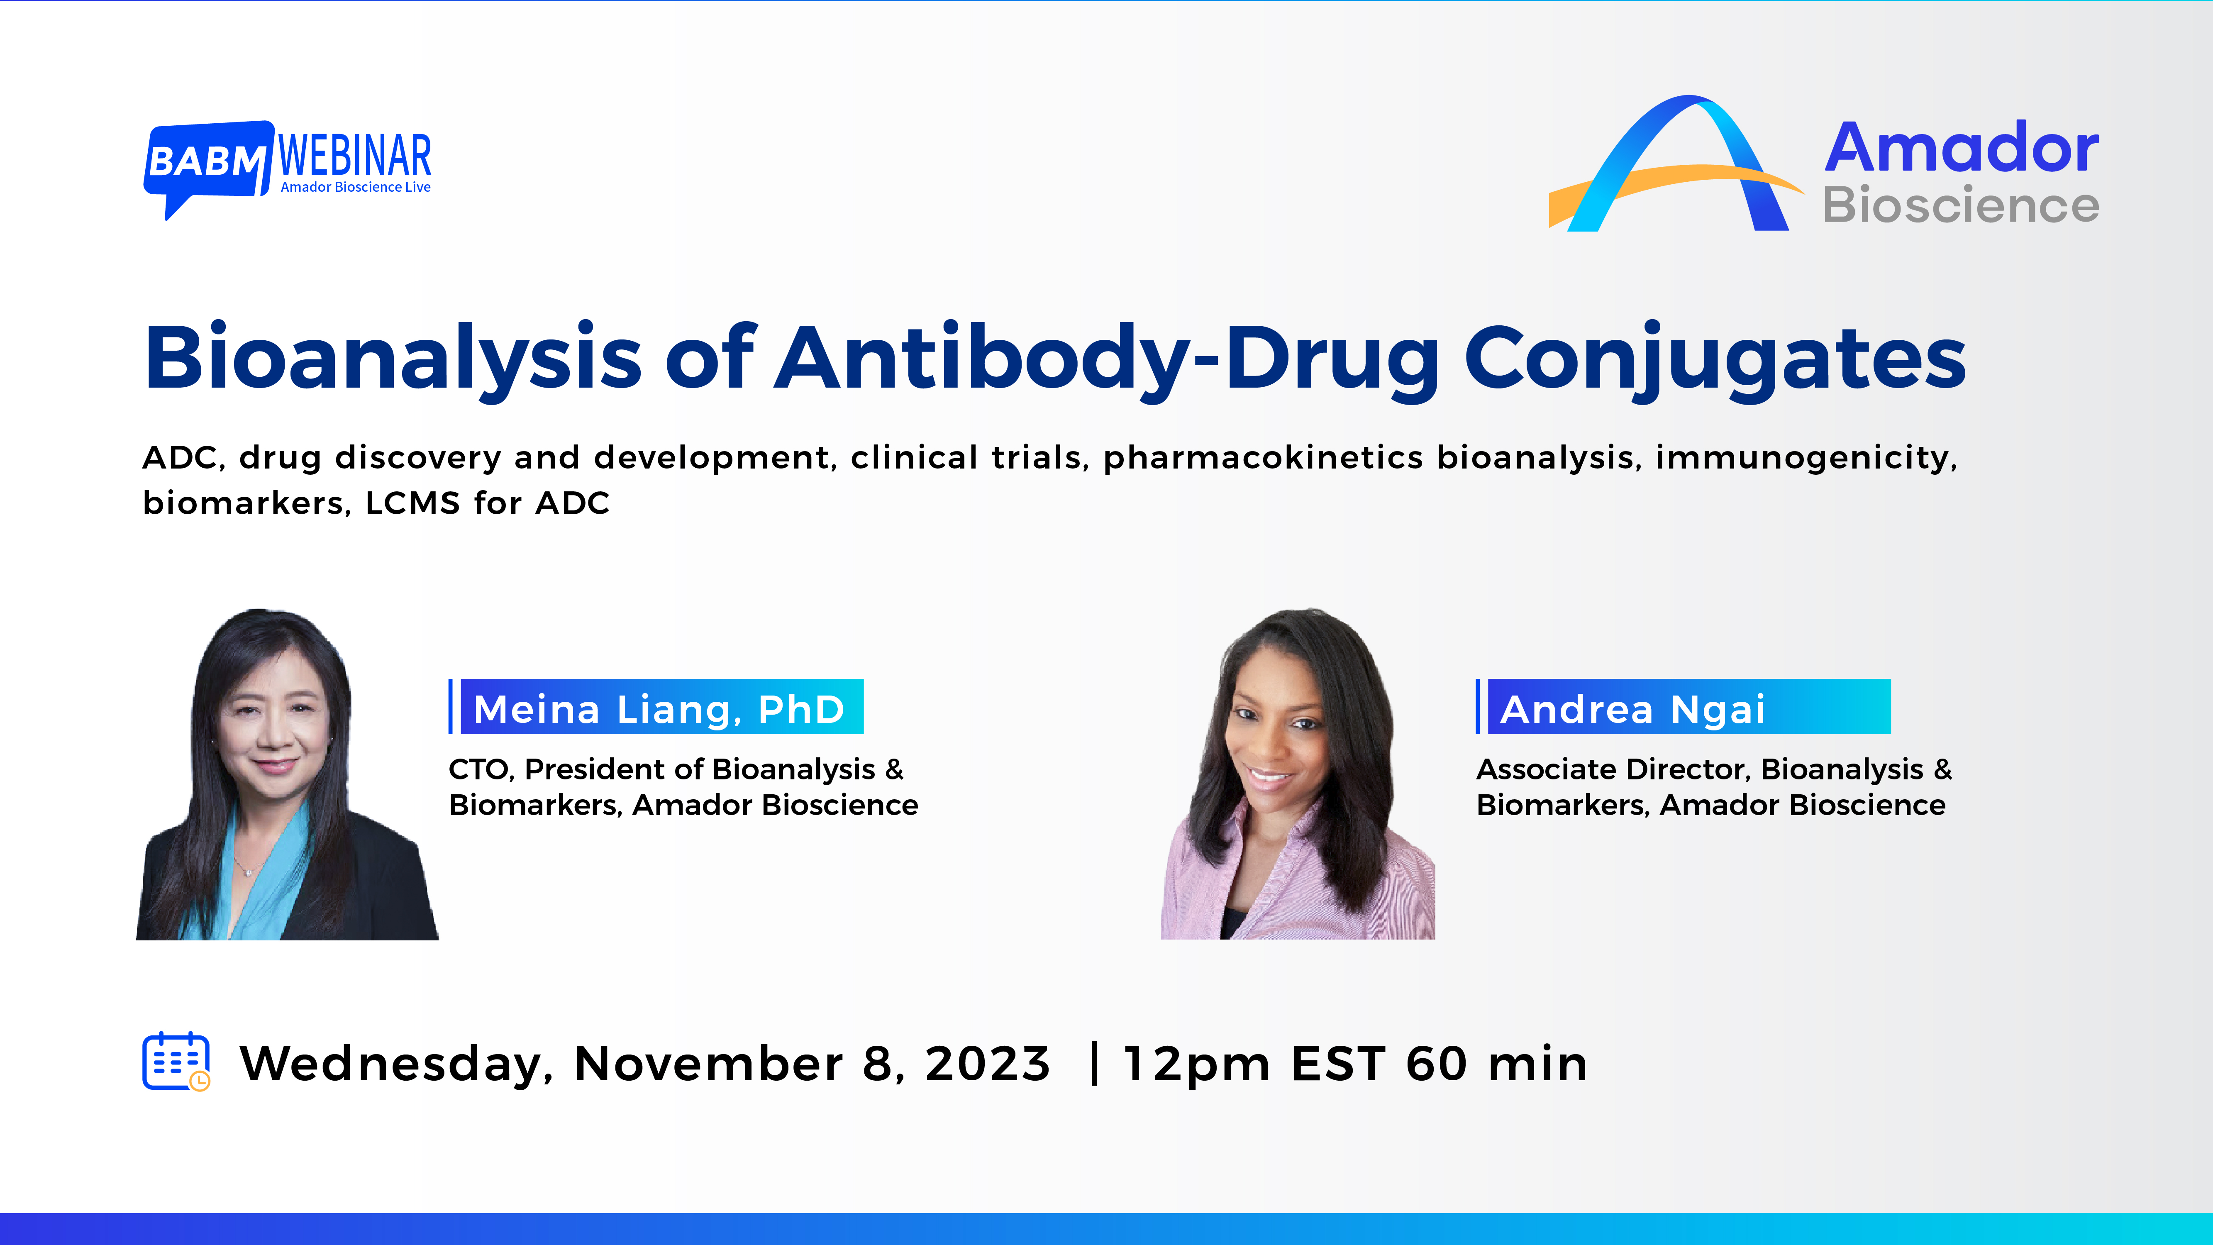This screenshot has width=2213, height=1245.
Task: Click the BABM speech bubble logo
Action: coord(206,161)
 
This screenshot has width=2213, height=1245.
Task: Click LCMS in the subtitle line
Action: coord(412,503)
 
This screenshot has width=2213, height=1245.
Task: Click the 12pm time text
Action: coord(1196,1064)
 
